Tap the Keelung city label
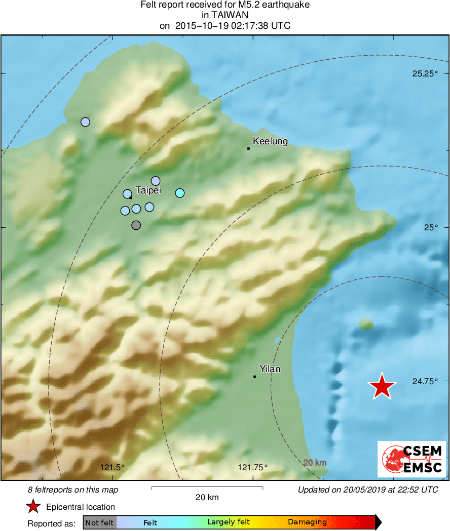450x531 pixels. tap(270, 141)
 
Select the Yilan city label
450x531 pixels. tap(269, 369)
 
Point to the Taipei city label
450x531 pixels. tap(148, 190)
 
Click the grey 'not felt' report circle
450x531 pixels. tap(136, 225)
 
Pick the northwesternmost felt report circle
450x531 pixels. tap(85, 122)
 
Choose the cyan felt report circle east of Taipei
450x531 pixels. tap(180, 193)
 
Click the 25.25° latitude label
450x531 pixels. tap(425, 73)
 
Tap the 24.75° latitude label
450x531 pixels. tap(425, 381)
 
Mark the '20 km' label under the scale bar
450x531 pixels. tap(207, 497)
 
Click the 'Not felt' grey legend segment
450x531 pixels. tap(99, 522)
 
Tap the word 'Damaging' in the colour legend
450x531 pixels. tap(307, 522)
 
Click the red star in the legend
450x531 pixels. tap(33, 507)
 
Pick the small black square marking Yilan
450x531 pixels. tap(254, 377)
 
